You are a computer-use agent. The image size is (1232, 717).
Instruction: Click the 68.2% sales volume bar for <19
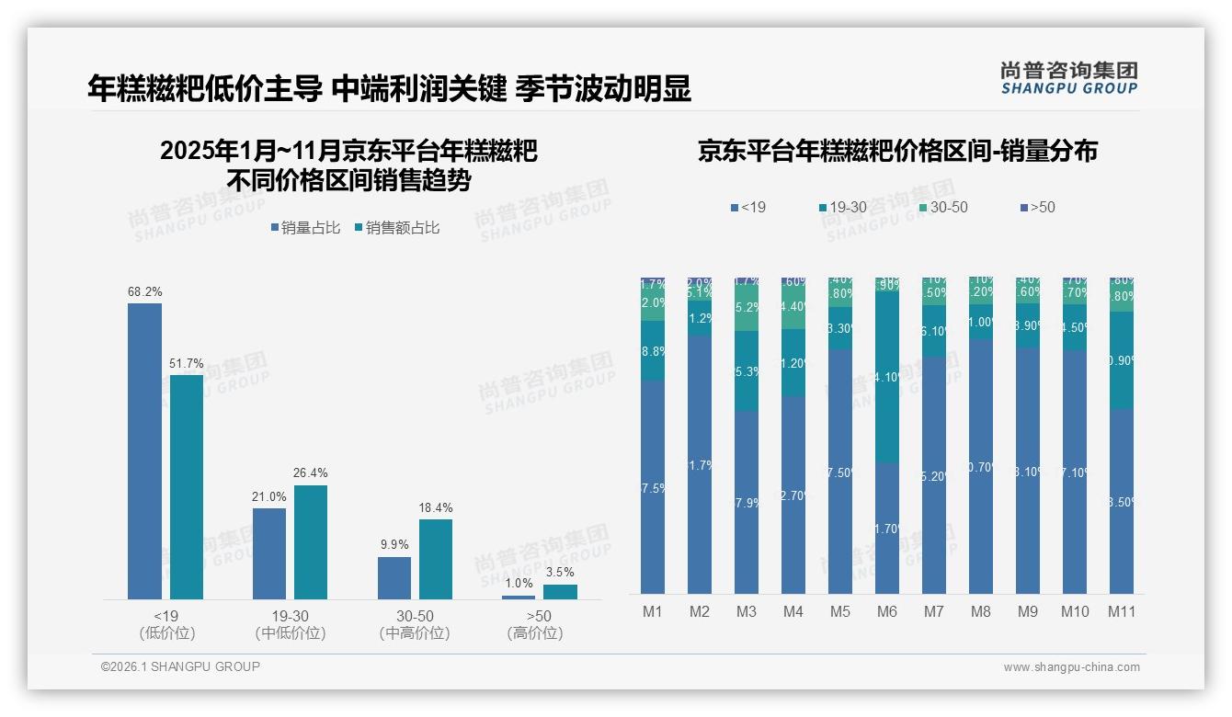coord(144,450)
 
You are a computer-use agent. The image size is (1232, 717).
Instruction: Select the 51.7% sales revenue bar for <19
coord(187,486)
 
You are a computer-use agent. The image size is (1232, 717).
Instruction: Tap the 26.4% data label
coord(310,472)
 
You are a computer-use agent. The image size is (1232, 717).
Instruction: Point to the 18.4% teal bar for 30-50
coord(436,559)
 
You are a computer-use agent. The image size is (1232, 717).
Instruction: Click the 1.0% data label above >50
coord(519,583)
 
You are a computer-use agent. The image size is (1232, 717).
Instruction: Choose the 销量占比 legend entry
coord(305,228)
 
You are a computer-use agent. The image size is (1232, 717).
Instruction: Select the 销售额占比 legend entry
coord(396,228)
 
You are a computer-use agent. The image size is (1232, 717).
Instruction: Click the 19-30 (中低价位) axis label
coord(291,624)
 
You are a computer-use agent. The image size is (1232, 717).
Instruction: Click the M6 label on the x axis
coord(887,611)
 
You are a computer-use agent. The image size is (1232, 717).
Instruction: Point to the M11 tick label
coord(1122,611)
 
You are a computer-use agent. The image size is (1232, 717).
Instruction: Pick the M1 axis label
coord(653,611)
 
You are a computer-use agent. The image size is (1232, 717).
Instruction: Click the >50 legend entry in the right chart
coord(1036,208)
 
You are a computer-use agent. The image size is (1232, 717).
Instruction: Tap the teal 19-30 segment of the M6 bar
coord(887,376)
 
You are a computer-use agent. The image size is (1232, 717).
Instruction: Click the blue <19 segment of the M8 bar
coord(981,466)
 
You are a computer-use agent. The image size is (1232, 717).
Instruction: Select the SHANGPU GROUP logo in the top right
coord(1068,78)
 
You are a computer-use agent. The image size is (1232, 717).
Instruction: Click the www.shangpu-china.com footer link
coord(1071,667)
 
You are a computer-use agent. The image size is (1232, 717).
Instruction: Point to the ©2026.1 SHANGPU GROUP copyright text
coord(180,666)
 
